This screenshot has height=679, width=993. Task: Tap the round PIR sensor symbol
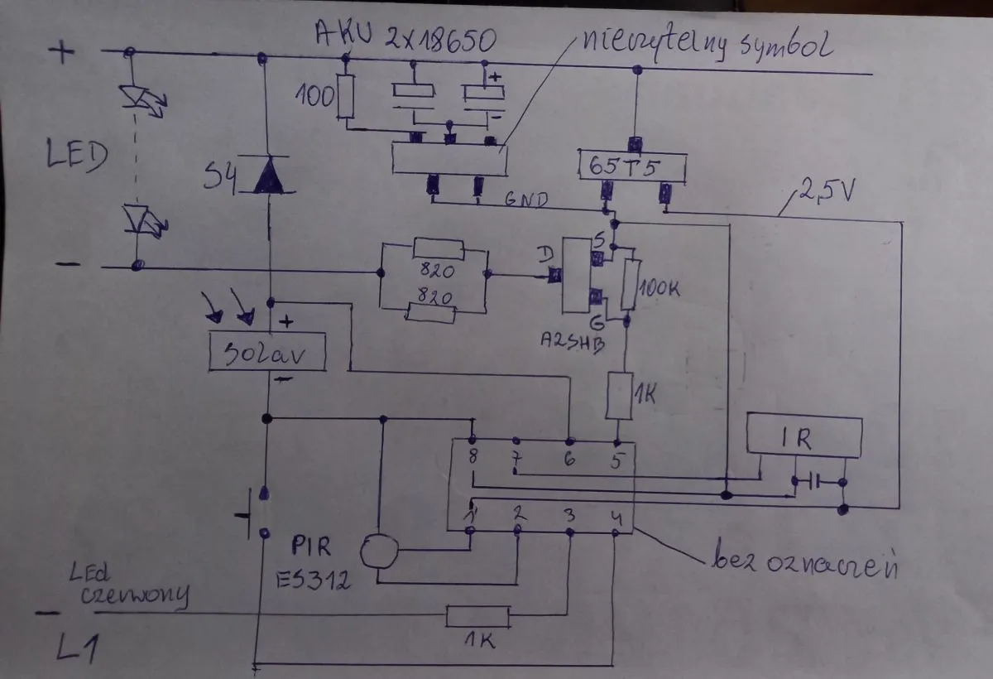(378, 551)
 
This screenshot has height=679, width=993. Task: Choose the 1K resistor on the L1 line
(477, 617)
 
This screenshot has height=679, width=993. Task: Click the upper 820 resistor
(439, 249)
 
